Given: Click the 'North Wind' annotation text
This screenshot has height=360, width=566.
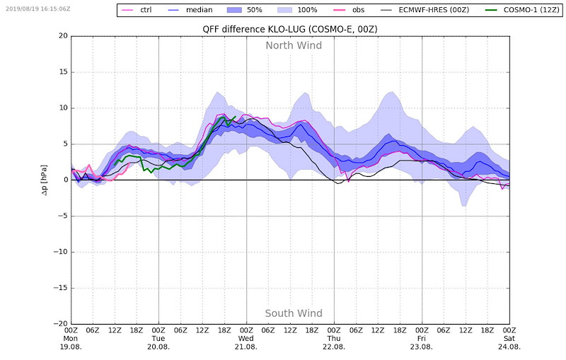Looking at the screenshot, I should (294, 46).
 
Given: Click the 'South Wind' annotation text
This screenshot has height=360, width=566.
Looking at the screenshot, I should (294, 313).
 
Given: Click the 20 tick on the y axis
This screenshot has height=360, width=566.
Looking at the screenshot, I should (63, 36).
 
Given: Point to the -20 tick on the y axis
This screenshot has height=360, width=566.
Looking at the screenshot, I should (61, 323).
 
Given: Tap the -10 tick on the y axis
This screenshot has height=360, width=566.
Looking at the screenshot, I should (61, 251).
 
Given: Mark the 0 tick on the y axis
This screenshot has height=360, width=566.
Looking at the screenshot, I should (65, 180).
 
